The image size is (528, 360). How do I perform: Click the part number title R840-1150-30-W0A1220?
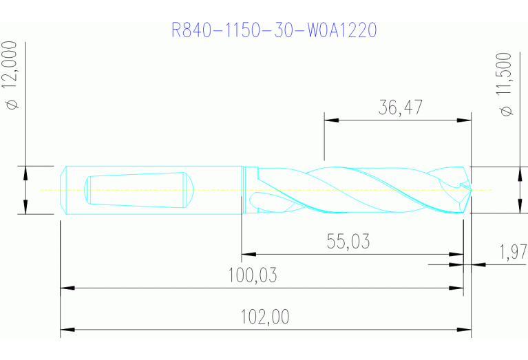pyautogui.click(x=275, y=30)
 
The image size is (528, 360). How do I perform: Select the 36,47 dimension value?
pyautogui.click(x=400, y=107)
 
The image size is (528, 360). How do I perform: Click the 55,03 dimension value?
pyautogui.click(x=348, y=242)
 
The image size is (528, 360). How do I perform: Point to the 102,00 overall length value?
pyautogui.click(x=264, y=317)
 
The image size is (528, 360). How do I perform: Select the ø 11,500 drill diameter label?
pyautogui.click(x=507, y=84)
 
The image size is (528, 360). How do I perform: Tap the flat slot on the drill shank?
pyautogui.click(x=138, y=189)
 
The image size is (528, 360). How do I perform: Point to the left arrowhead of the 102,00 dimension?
pyautogui.click(x=66, y=330)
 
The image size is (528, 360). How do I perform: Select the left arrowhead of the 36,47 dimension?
pyautogui.click(x=330, y=120)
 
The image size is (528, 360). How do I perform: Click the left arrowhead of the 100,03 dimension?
pyautogui.click(x=66, y=288)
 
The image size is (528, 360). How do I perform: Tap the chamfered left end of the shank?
pyautogui.click(x=63, y=190)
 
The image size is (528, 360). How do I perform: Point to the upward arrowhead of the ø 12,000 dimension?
pyautogui.click(x=25, y=171)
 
